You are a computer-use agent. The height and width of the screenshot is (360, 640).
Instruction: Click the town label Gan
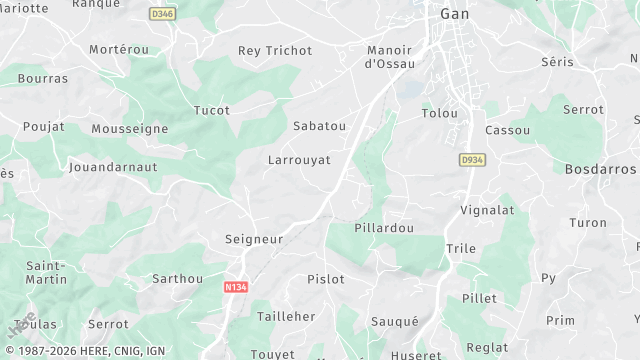(x=456, y=14)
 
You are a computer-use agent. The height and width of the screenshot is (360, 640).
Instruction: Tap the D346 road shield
(x=161, y=14)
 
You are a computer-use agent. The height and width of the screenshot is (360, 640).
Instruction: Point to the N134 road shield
(x=236, y=286)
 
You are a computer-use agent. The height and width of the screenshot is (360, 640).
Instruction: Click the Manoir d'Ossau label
(x=390, y=57)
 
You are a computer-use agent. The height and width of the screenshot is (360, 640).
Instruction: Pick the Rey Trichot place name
(x=275, y=51)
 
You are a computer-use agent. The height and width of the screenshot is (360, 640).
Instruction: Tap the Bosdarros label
(x=600, y=170)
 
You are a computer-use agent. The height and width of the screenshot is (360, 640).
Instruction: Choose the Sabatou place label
(x=319, y=126)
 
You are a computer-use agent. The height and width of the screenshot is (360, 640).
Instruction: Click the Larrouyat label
(x=299, y=160)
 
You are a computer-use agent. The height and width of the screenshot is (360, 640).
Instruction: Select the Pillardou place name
(x=384, y=229)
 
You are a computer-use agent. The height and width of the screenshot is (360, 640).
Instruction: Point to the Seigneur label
(x=253, y=240)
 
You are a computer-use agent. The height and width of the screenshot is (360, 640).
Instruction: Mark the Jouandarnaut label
(x=113, y=168)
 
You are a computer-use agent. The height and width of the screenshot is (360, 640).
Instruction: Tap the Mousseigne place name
(x=129, y=129)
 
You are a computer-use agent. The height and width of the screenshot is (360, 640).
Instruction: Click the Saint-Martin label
(x=46, y=273)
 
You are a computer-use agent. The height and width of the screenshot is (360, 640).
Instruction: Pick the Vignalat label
(x=487, y=211)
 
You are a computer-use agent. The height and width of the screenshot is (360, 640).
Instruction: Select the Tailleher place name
(x=286, y=316)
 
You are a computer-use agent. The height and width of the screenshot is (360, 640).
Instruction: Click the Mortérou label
(x=118, y=50)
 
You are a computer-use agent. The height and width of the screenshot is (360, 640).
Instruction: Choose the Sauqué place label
(x=394, y=321)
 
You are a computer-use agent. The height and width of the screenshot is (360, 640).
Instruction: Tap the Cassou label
(x=507, y=131)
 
